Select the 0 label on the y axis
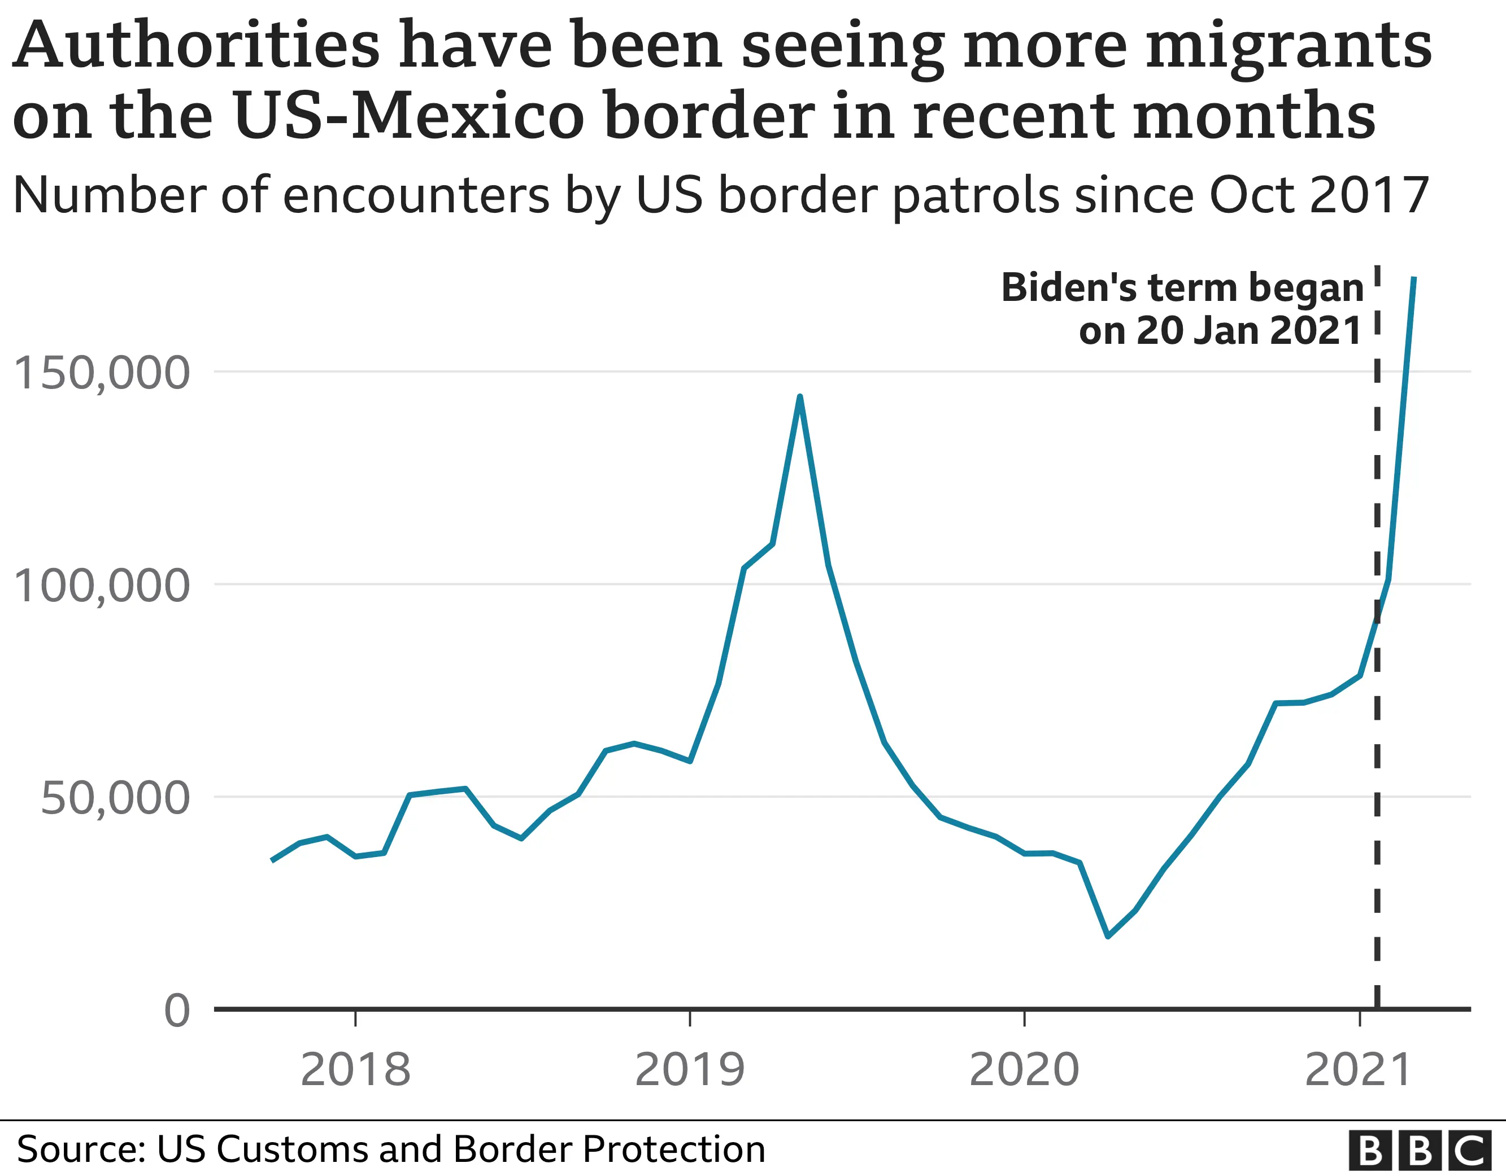click(177, 1011)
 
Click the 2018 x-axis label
click(355, 1070)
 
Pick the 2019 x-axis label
click(690, 1070)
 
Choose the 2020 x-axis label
click(1024, 1070)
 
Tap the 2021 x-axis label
click(1359, 1070)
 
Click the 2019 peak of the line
click(799, 397)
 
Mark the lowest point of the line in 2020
click(1107, 936)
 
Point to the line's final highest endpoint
click(1413, 278)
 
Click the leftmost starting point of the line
click(272, 860)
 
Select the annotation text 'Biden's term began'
click(1182, 288)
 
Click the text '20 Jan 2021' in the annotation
click(1248, 331)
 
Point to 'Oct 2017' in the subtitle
click(1318, 196)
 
